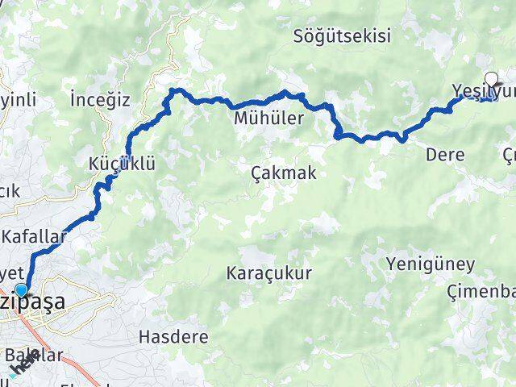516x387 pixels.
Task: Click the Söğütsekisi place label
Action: [342, 36]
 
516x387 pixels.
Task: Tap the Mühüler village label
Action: [268, 119]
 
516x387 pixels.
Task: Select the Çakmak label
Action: [283, 173]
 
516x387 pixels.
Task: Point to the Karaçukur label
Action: [268, 272]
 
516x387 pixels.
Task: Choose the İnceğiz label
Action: [100, 100]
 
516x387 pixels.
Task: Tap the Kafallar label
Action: [33, 237]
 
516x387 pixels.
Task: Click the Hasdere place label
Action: [173, 335]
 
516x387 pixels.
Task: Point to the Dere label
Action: [445, 155]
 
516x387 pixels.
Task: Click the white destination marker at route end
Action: [491, 81]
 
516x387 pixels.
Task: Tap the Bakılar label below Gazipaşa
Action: [34, 356]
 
